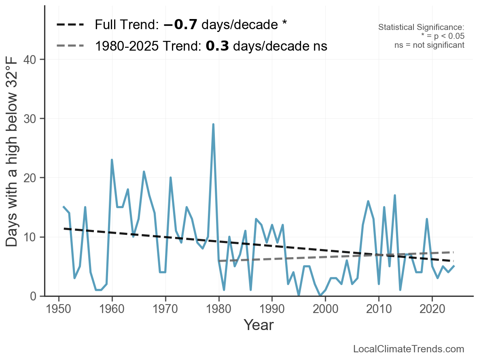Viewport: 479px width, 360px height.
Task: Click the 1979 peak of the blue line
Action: pos(213,124)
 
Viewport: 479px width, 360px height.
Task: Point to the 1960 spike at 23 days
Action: pos(112,160)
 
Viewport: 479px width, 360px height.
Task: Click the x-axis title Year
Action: pos(259,325)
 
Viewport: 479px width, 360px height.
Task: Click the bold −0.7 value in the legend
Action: pos(180,25)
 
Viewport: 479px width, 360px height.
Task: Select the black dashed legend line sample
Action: pos(70,25)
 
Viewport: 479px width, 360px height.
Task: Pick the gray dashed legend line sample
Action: pos(70,46)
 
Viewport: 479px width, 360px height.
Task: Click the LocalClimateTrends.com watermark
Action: pos(409,349)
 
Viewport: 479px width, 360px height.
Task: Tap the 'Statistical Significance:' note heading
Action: pos(421,28)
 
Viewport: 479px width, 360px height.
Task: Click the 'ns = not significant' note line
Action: pos(429,45)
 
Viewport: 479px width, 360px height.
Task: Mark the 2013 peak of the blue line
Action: pos(394,196)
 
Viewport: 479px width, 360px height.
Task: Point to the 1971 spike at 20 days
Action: pos(170,178)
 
